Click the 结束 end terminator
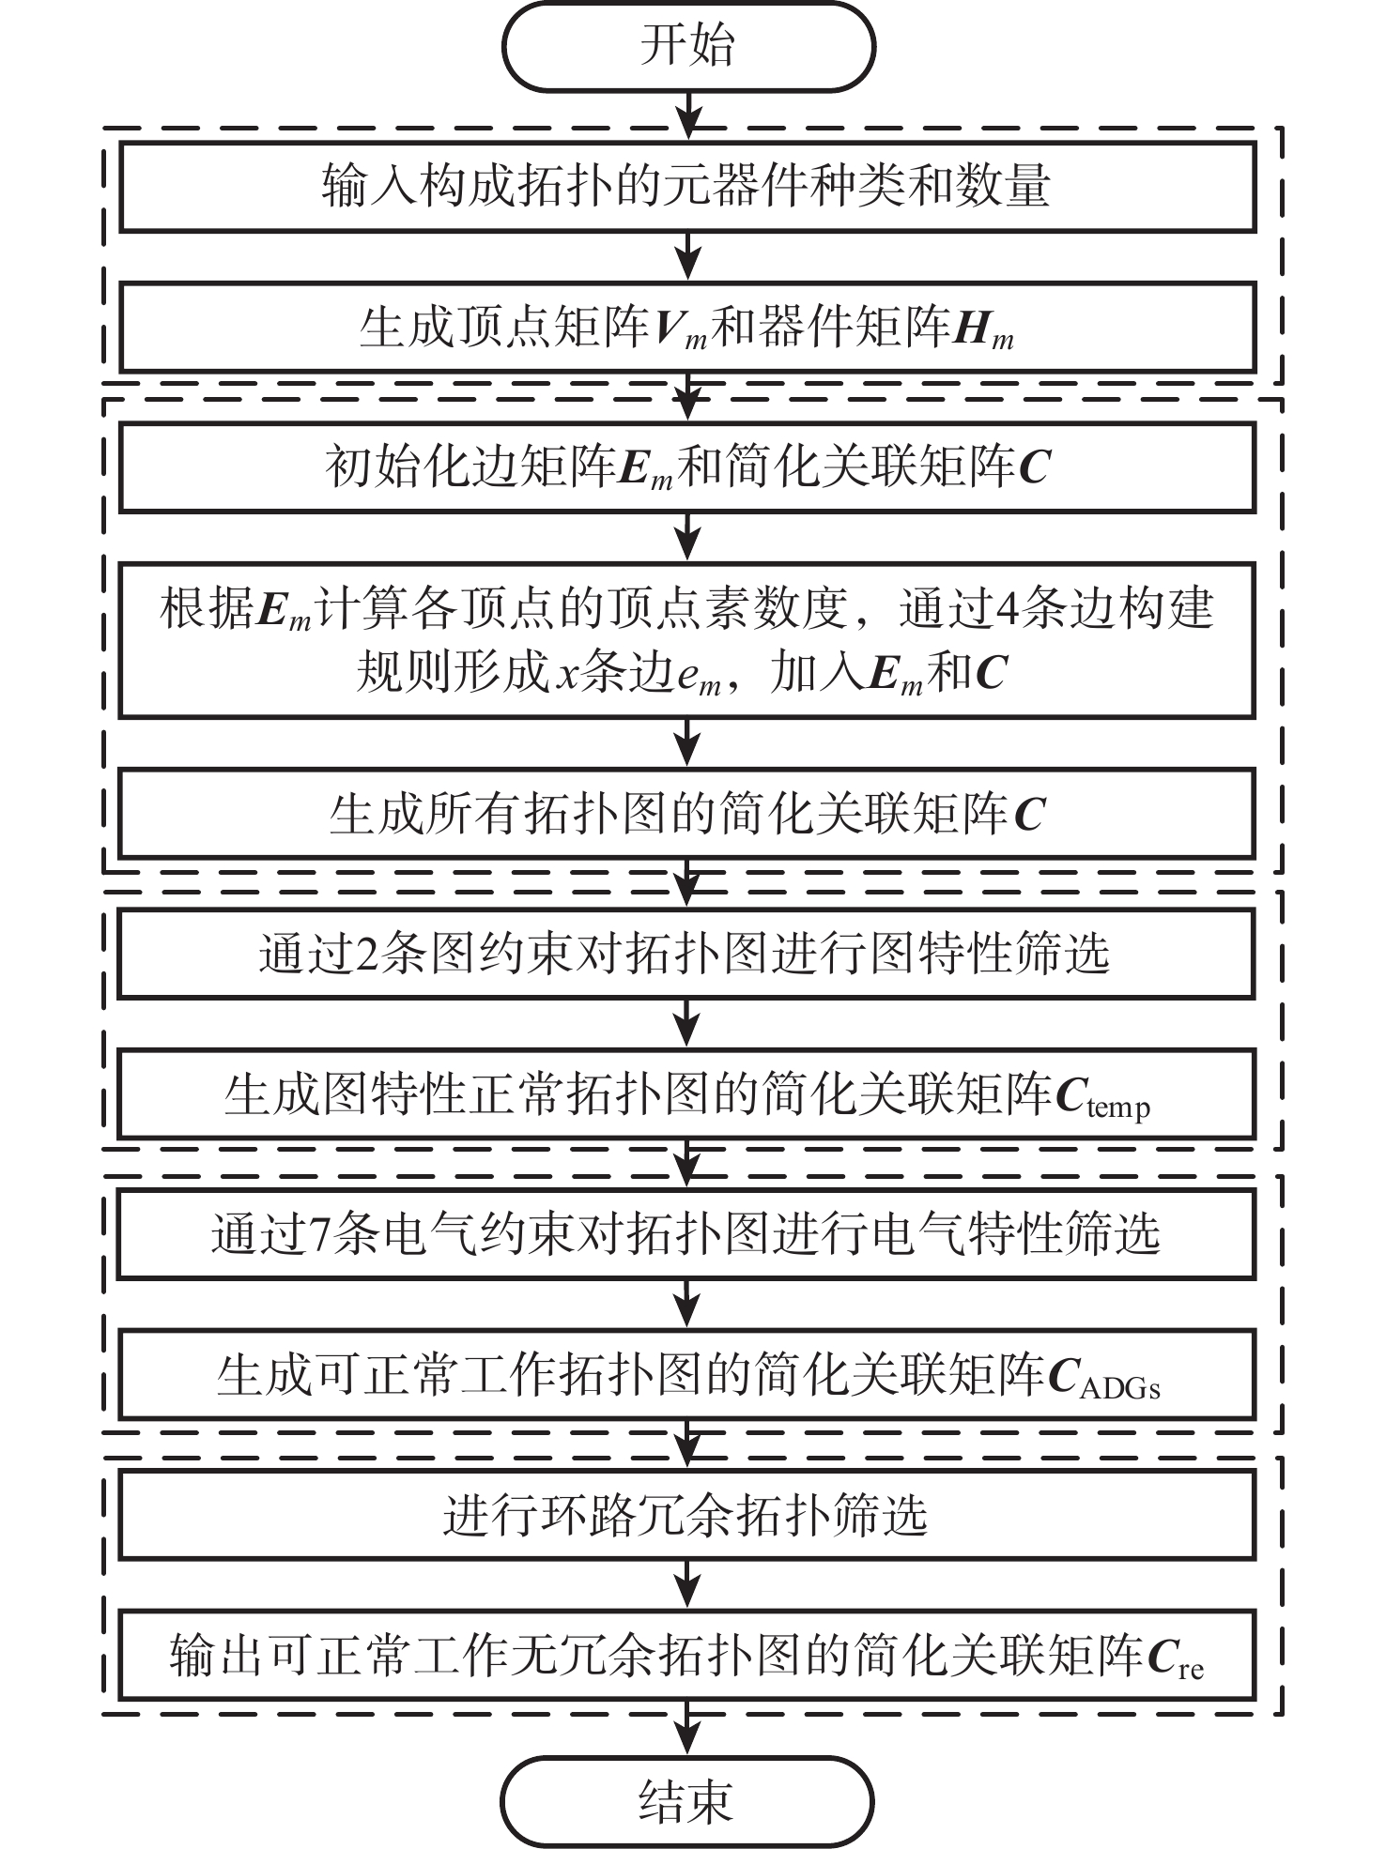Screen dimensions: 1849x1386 [688, 1800]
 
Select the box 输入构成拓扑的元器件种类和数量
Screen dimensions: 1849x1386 [687, 187]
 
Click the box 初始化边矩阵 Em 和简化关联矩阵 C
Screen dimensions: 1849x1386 [687, 467]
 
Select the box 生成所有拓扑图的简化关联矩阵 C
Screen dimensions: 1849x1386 [687, 814]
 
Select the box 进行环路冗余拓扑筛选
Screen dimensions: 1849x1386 [687, 1515]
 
